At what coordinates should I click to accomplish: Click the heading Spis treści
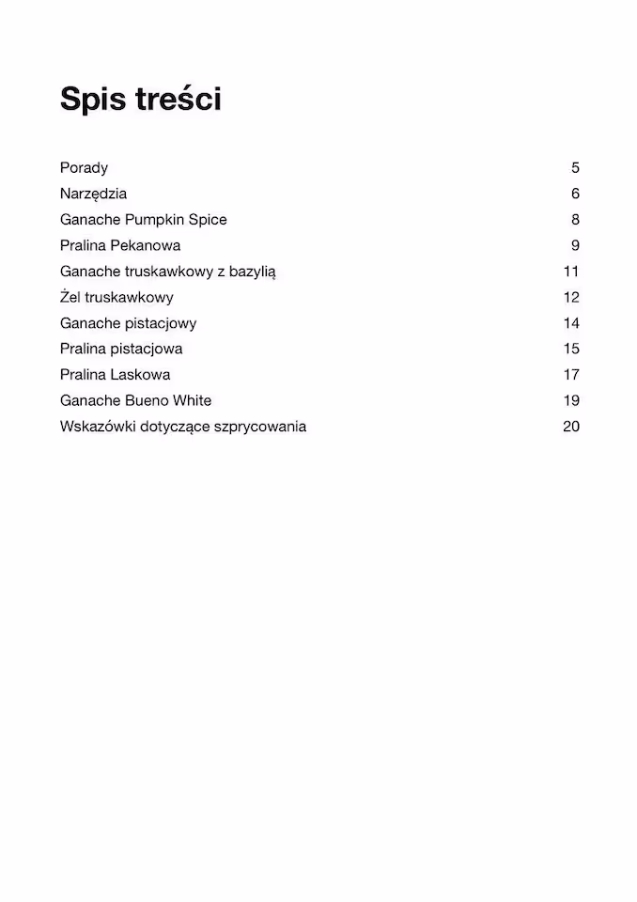click(141, 99)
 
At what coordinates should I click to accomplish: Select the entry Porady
click(84, 168)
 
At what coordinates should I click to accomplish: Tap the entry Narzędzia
click(93, 194)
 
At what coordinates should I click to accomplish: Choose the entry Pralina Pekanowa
click(120, 245)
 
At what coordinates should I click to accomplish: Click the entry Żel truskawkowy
click(117, 297)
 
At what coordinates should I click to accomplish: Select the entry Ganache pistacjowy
click(128, 323)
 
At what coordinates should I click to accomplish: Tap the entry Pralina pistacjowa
click(121, 349)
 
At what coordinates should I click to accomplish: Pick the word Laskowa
click(141, 374)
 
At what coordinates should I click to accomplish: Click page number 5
click(575, 168)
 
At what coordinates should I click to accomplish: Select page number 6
click(575, 194)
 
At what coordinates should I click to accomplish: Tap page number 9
click(575, 245)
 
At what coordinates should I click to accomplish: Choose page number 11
click(571, 272)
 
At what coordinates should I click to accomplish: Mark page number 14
click(571, 323)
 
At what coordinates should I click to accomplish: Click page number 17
click(571, 374)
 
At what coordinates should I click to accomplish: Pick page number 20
click(571, 427)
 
